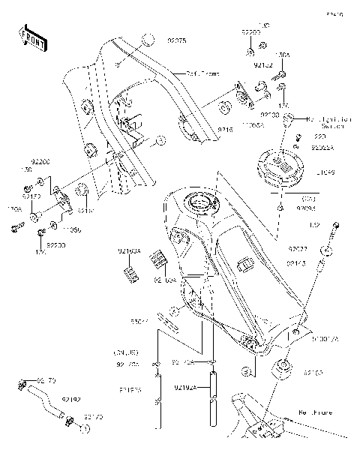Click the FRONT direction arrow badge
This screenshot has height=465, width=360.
(x=31, y=38)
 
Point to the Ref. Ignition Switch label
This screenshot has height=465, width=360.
(x=327, y=122)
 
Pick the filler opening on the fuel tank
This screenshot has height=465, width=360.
(x=202, y=202)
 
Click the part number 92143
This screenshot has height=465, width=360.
(x=297, y=263)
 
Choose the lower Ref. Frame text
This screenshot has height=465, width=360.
(x=314, y=412)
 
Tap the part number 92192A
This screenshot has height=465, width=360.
(x=185, y=388)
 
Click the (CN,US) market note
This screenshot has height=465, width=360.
(x=126, y=352)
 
